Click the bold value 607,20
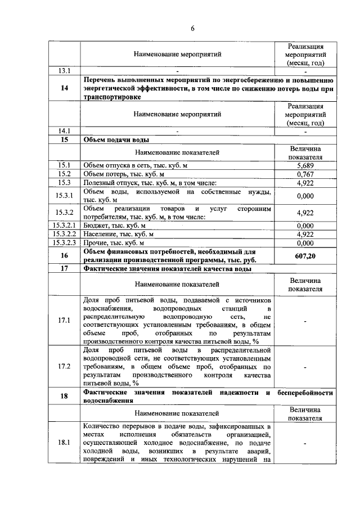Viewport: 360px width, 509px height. (304, 256)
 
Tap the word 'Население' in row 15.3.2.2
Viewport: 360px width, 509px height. (100, 234)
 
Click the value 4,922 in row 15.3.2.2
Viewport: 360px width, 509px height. (304, 234)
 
